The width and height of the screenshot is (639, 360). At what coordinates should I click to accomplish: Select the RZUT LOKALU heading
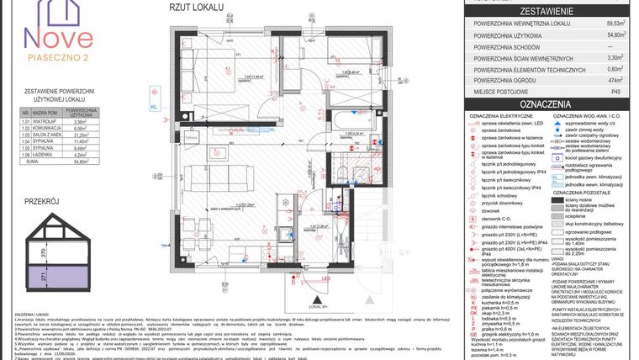(196, 7)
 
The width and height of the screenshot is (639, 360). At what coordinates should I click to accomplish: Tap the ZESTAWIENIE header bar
(547, 11)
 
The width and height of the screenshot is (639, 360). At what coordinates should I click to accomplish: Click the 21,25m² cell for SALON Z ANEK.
(82, 133)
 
